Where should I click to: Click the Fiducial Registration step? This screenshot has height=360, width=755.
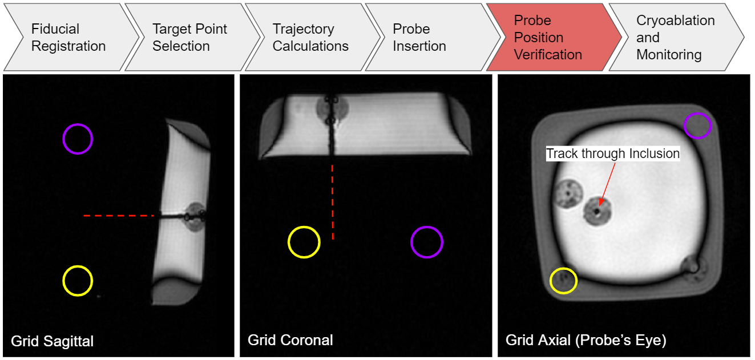tap(68, 38)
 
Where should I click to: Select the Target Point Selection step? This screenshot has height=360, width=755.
tap(189, 38)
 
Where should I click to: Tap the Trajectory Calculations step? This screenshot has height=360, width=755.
tap(310, 38)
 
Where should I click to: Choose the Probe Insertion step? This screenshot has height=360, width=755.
tap(419, 38)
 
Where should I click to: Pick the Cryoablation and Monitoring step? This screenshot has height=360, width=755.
tap(675, 38)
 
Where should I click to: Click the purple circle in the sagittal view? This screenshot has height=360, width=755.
tap(78, 139)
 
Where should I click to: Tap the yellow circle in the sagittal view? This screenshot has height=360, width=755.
tap(78, 281)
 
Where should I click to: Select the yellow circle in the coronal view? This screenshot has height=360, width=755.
tap(304, 242)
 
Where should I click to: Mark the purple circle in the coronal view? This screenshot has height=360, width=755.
tap(427, 242)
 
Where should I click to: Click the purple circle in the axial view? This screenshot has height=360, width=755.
tap(697, 126)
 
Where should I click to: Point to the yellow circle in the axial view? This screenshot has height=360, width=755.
tap(563, 281)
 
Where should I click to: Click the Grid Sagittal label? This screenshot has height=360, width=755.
tap(53, 341)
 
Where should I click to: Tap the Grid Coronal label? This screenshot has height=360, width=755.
tap(290, 340)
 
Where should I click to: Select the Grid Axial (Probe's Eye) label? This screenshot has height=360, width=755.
tap(586, 341)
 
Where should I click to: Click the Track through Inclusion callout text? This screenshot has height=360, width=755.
tap(613, 153)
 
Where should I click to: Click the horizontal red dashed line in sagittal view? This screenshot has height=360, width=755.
tap(119, 216)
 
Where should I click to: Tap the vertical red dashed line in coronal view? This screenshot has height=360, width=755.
tap(333, 201)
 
